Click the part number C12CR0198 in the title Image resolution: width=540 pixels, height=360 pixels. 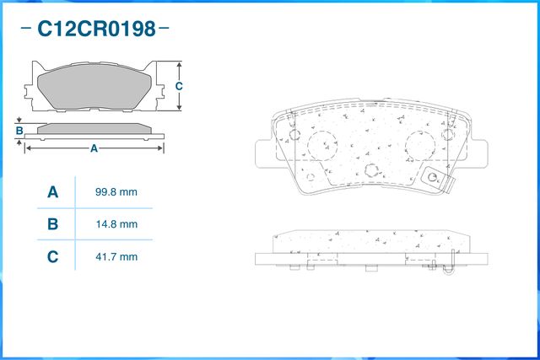click(96, 30)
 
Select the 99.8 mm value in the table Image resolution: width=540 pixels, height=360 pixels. click(117, 192)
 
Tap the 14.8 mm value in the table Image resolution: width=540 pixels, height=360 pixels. click(117, 224)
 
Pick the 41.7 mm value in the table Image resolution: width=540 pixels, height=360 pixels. click(117, 256)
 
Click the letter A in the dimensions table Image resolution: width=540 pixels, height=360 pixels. click(52, 192)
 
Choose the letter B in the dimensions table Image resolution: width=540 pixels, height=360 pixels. click(52, 224)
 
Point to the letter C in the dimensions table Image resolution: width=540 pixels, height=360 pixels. click(52, 256)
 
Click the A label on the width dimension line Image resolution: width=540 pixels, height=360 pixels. click(94, 148)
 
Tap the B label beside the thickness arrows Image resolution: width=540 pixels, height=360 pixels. click(19, 131)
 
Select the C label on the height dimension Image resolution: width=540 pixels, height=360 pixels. click(179, 87)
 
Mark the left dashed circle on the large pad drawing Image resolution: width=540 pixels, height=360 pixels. click(321, 145)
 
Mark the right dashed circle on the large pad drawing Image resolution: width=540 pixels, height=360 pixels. click(418, 145)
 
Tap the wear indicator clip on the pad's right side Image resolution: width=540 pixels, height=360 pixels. click(435, 179)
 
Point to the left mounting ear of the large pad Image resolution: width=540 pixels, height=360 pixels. click(264, 152)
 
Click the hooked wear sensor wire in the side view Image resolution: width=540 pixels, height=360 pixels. click(450, 263)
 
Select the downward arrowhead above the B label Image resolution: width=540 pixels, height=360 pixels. click(19, 121)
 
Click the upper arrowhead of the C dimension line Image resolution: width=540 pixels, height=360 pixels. click(179, 65)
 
